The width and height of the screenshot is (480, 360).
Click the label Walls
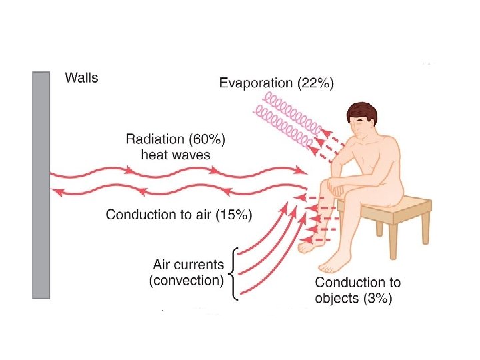(x=81, y=77)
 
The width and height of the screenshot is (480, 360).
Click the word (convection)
(x=187, y=280)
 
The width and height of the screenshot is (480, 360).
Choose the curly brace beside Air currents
(x=232, y=273)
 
